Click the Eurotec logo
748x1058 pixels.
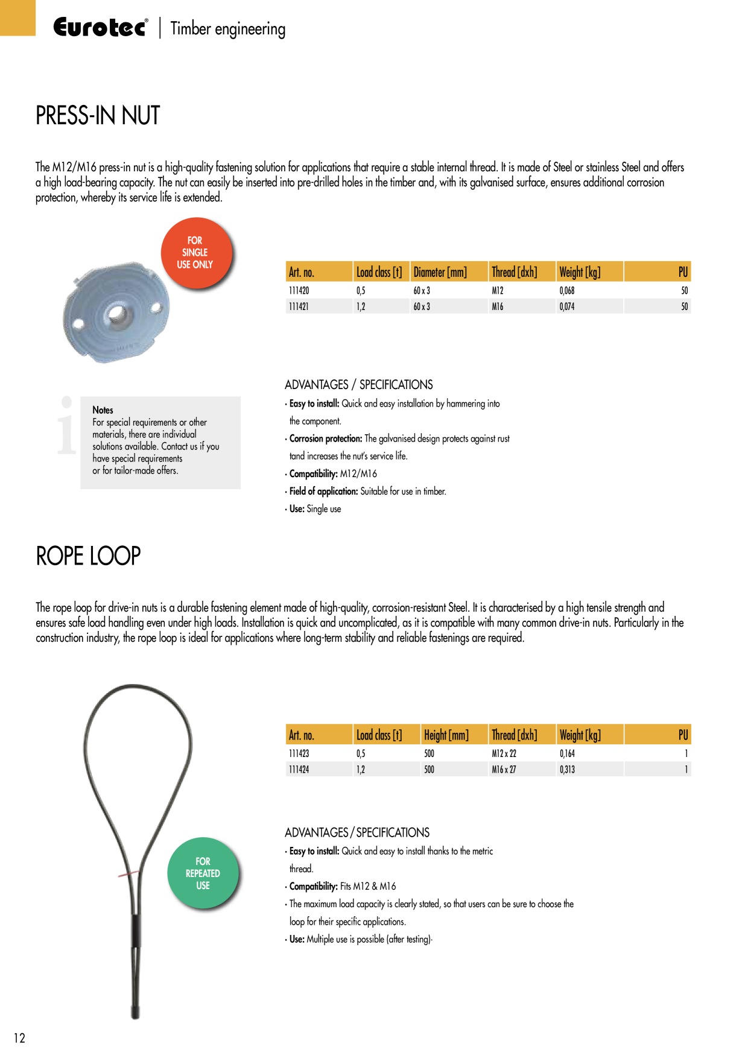coord(100,28)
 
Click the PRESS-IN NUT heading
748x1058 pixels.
coord(98,115)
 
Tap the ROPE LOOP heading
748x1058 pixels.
coord(88,556)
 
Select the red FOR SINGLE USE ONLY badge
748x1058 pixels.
coord(197,253)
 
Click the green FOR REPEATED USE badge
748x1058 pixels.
coord(203,873)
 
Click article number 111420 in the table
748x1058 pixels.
coord(299,291)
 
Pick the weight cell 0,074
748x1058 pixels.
coord(567,306)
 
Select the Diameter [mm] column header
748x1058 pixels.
coord(440,272)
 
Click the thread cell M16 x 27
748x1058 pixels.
coord(504,770)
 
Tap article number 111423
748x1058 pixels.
coord(299,753)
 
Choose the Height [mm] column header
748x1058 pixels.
coord(446,735)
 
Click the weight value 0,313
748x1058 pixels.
coord(567,770)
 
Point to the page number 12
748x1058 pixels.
coord(19,1037)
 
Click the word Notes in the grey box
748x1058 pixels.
coord(103,410)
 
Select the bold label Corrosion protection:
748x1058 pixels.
coord(326,439)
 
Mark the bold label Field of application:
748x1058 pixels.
coord(324,491)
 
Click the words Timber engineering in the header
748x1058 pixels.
coord(228,29)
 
